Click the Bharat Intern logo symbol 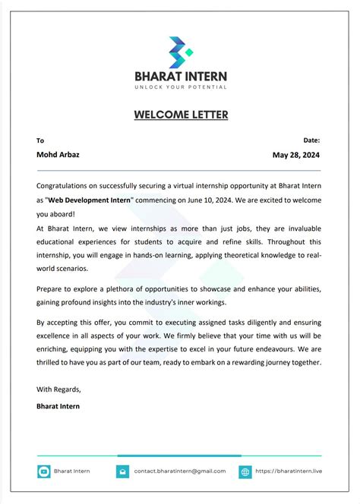click(x=180, y=51)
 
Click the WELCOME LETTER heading click(x=180, y=115)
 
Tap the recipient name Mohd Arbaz click(x=58, y=155)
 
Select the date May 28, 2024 click(x=296, y=155)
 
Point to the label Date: click(x=311, y=140)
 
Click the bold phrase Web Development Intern click(x=90, y=200)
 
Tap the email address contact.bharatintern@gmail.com click(x=180, y=471)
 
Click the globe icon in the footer click(x=245, y=471)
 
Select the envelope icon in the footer click(x=122, y=471)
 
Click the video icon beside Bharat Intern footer click(x=43, y=471)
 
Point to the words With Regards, click(x=58, y=389)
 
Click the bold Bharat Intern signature click(x=58, y=406)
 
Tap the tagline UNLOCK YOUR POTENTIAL click(x=180, y=87)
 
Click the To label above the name click(x=40, y=140)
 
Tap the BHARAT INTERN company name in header click(x=180, y=77)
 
